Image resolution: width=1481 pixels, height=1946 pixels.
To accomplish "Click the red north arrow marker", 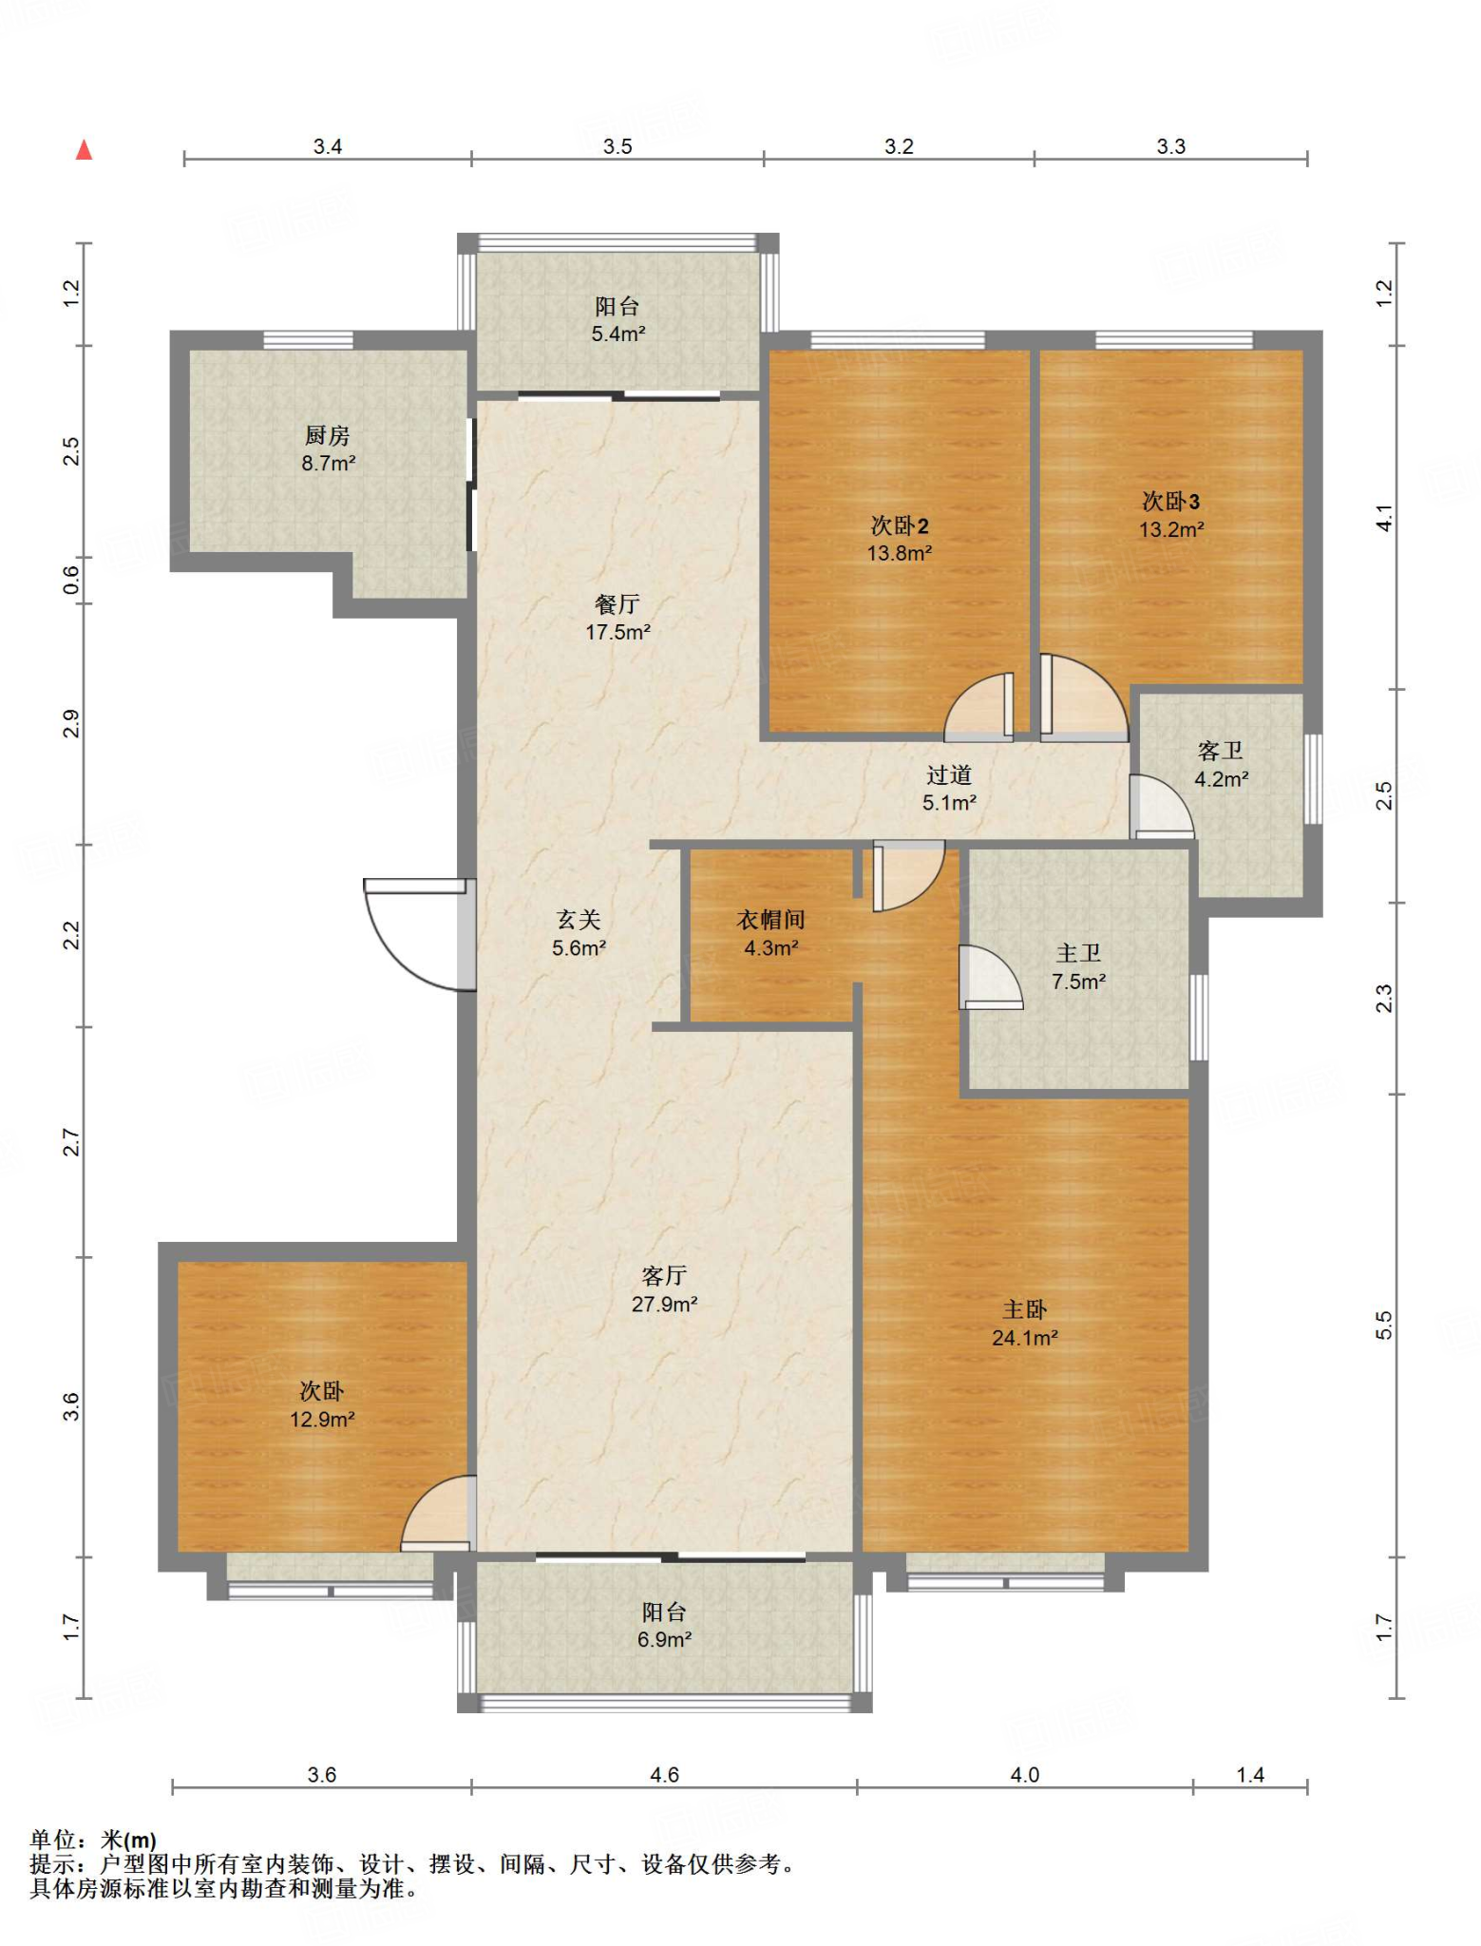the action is (x=85, y=150).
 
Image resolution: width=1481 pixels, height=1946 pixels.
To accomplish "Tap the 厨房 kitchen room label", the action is (x=328, y=436).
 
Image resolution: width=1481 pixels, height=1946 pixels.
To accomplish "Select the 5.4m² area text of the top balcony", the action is (x=618, y=334).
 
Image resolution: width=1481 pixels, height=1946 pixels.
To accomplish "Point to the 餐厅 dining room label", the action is (x=617, y=604).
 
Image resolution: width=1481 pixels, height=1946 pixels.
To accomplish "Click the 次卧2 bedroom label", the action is (x=900, y=525).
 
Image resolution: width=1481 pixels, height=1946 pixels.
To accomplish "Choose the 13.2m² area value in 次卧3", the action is (x=1171, y=530).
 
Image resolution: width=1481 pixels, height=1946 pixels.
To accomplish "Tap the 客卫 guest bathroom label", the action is (x=1221, y=752).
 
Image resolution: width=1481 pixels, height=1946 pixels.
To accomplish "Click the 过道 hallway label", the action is (x=949, y=775).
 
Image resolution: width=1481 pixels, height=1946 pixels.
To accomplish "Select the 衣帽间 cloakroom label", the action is (x=771, y=920).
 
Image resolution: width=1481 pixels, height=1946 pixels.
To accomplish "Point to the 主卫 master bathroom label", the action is (x=1078, y=953).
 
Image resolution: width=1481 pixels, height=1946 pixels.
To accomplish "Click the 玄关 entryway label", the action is (x=579, y=920).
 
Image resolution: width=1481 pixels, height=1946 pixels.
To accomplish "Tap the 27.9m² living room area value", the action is (x=665, y=1305).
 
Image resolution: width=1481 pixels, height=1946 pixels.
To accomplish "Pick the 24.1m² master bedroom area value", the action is (x=1025, y=1338).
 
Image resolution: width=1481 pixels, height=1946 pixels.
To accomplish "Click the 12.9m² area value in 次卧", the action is (x=322, y=1420).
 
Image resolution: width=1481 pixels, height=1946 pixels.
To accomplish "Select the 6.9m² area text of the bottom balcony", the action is (x=664, y=1640).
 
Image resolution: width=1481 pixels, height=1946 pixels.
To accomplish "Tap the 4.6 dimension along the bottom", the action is (x=664, y=1775).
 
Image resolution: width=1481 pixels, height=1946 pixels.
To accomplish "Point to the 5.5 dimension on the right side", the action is (x=1384, y=1325).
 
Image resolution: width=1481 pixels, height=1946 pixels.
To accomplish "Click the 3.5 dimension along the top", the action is (x=617, y=146).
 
